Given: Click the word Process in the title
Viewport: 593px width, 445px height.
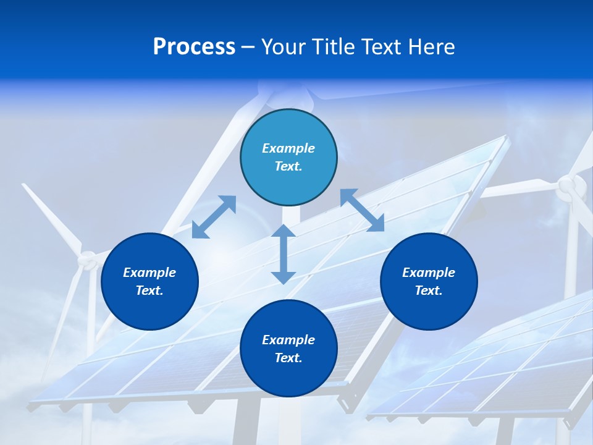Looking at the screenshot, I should click(194, 47).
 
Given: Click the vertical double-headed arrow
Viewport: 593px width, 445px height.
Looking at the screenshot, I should click(283, 254).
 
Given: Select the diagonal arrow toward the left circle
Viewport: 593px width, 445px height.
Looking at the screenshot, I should click(214, 217).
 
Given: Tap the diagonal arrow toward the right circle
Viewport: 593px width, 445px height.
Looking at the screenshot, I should click(362, 210).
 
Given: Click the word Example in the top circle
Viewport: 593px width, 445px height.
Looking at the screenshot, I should click(288, 148).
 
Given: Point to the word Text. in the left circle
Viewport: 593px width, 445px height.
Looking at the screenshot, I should click(149, 290).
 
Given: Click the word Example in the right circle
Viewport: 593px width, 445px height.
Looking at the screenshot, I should click(429, 273).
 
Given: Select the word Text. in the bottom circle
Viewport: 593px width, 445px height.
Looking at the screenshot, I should click(288, 358).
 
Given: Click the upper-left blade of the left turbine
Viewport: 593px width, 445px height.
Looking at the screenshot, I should click(53, 216).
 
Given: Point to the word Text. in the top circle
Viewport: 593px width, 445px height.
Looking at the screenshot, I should click(288, 166).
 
